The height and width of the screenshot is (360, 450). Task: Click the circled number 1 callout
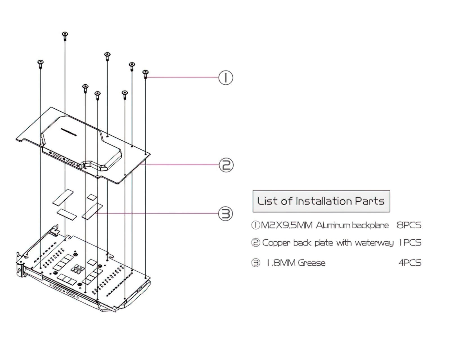point(226,78)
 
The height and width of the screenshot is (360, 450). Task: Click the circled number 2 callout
point(226,165)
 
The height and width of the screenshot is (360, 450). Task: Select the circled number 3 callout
point(226,214)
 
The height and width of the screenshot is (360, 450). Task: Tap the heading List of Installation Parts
point(321,201)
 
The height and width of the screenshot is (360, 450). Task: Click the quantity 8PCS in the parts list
point(409,225)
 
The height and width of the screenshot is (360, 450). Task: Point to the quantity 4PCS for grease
point(410,263)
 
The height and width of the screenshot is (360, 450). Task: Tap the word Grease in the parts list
point(312,263)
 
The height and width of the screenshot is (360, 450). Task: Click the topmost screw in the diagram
point(65,35)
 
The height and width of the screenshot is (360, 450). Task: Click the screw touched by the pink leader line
point(145,74)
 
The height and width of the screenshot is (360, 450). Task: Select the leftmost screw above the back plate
point(40,64)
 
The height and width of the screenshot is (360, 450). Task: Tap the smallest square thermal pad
point(91,197)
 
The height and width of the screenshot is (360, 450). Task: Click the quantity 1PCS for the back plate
point(410,243)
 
